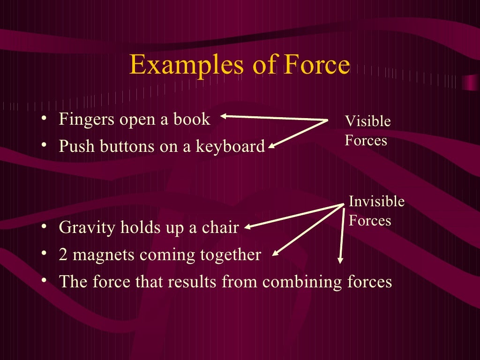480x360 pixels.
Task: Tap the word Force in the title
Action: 316,66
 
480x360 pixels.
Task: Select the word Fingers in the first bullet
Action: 86,120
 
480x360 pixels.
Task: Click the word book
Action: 192,120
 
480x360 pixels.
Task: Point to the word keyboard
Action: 230,147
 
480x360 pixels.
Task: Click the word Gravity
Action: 87,228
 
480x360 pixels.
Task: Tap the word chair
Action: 220,228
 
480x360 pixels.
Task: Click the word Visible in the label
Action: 367,121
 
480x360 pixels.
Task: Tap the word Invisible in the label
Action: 376,202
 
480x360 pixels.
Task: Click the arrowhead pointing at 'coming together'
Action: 275,254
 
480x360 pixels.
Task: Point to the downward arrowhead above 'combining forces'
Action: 341,261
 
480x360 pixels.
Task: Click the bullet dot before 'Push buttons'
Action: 44,146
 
